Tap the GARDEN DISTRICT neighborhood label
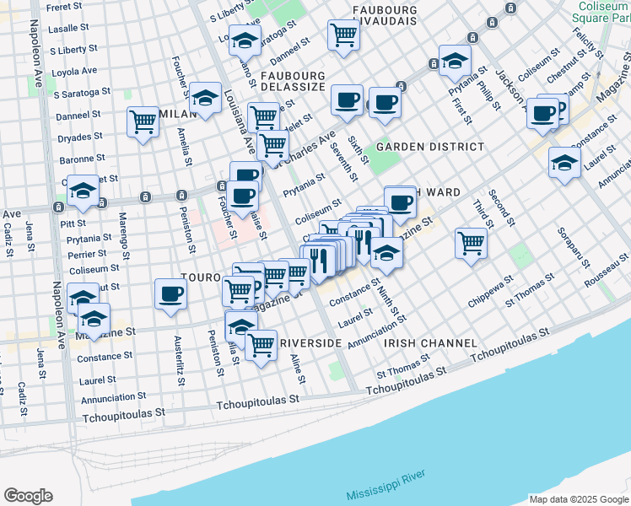point(430,147)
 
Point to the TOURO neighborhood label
point(200,277)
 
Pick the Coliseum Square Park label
point(599,12)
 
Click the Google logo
point(28,496)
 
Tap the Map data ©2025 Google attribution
point(578,498)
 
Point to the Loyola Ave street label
point(74,71)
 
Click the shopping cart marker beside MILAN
point(143,121)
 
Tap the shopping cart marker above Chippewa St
point(471,243)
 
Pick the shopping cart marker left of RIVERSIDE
point(262,344)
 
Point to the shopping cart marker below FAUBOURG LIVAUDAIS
point(343,35)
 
